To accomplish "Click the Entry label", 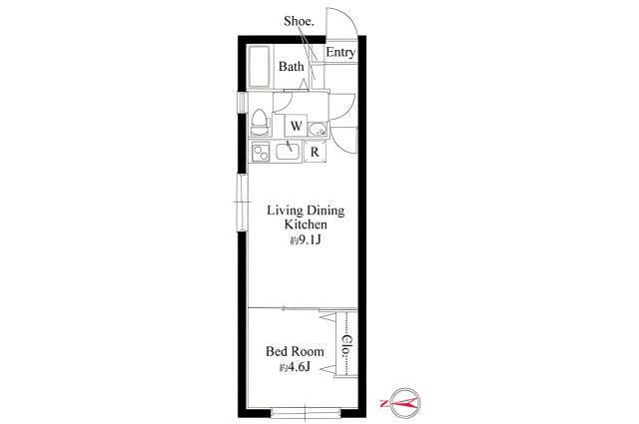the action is (340, 53).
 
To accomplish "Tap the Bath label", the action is (292, 66).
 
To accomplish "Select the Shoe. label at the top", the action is (299, 21).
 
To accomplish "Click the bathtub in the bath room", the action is (260, 66).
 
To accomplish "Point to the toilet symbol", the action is (260, 122).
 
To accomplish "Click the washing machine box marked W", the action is (297, 126).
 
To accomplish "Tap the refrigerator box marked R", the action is (315, 152).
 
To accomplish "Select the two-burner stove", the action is (261, 152).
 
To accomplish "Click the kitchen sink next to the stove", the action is (289, 152).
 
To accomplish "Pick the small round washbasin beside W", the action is (318, 130).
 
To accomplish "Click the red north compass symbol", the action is (403, 403).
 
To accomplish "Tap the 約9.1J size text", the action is (306, 240).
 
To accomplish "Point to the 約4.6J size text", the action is (296, 367).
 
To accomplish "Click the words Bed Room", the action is (296, 351).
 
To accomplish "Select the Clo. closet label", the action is (347, 345).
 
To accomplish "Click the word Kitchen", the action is (306, 224).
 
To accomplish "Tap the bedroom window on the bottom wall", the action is (306, 412).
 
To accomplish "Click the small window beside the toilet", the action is (243, 102).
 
